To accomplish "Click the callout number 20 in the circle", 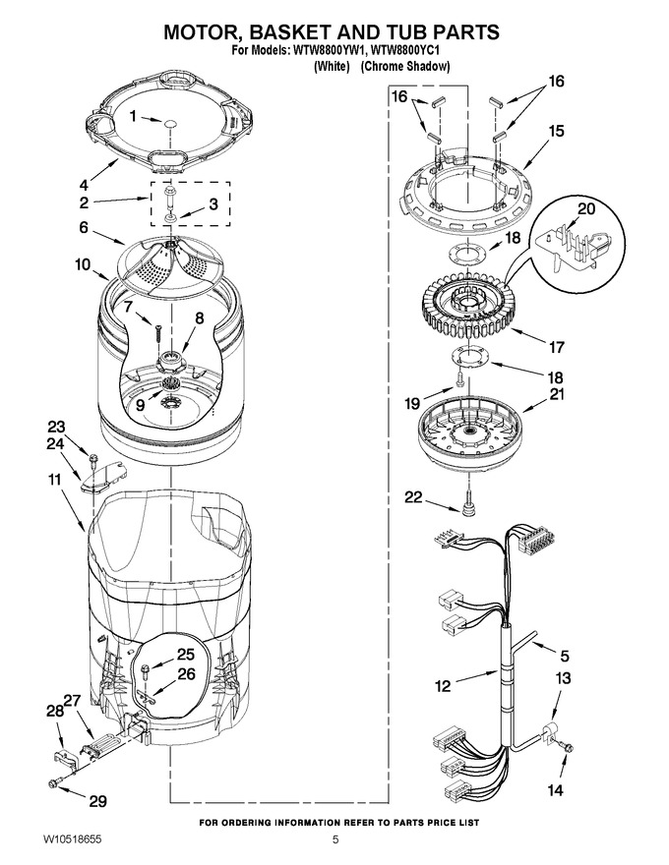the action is pyautogui.click(x=586, y=209).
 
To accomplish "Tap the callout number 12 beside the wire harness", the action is pyautogui.click(x=443, y=686).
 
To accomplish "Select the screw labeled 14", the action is pyautogui.click(x=567, y=747).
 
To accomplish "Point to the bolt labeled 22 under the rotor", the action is pyautogui.click(x=468, y=504).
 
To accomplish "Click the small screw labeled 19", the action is pyautogui.click(x=459, y=379).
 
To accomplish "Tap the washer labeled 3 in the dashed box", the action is pyautogui.click(x=170, y=220).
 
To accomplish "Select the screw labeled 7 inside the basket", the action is pyautogui.click(x=157, y=334).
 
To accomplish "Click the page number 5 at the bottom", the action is pyautogui.click(x=335, y=840).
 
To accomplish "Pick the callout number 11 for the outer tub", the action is pyautogui.click(x=54, y=480).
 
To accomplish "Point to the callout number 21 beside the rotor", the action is pyautogui.click(x=557, y=395).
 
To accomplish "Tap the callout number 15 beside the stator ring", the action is pyautogui.click(x=556, y=131).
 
